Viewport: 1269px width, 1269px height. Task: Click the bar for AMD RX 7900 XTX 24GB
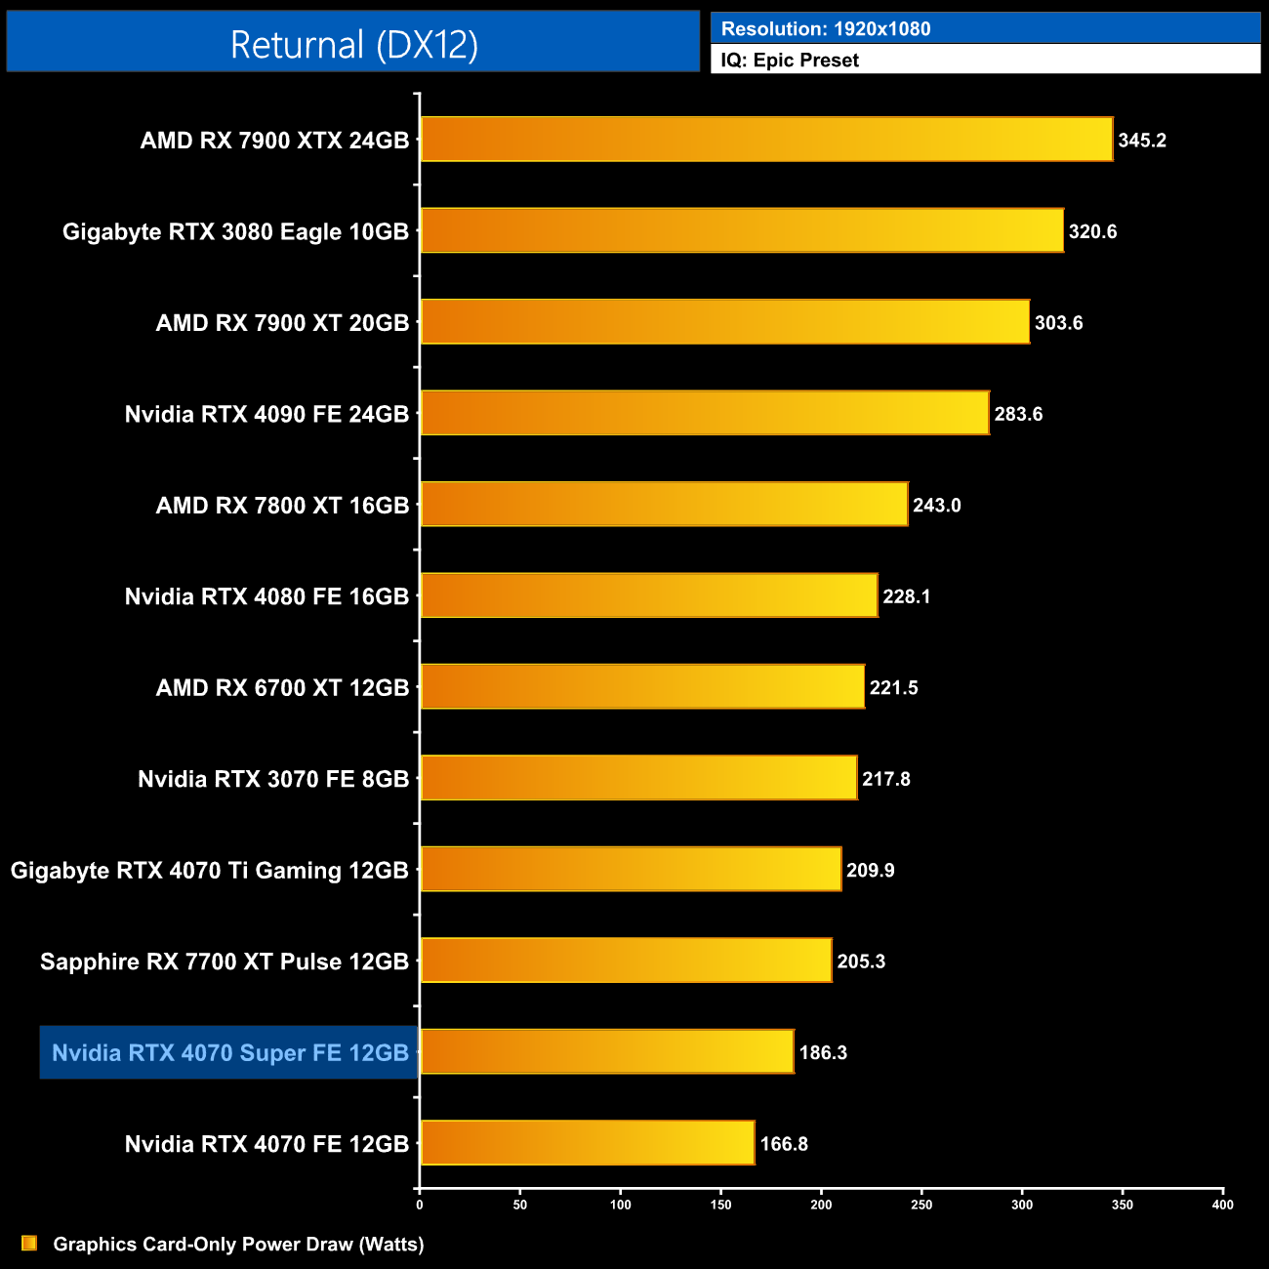(x=766, y=140)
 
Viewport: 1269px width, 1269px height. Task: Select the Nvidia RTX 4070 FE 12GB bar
(x=587, y=1143)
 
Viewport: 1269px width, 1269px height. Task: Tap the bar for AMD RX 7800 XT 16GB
(x=664, y=505)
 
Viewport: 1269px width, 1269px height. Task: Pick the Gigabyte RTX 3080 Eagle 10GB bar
(x=742, y=230)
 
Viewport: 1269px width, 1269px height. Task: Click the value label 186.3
(x=823, y=1053)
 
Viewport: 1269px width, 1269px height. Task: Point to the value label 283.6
(x=1018, y=414)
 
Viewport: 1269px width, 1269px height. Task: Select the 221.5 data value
(x=893, y=688)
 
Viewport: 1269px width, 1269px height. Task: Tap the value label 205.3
(x=861, y=962)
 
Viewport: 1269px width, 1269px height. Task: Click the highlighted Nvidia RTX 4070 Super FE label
(x=229, y=1053)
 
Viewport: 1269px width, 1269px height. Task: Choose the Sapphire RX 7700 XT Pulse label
(x=225, y=962)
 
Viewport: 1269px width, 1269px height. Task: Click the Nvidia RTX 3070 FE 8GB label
(x=273, y=779)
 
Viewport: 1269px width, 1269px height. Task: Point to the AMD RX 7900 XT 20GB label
(x=282, y=323)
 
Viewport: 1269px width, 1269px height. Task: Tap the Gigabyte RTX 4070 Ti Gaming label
(x=210, y=871)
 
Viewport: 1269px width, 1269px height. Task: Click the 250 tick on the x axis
(x=921, y=1205)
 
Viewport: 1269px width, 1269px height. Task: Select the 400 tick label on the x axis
(x=1222, y=1205)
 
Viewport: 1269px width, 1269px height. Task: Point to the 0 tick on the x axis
(x=420, y=1205)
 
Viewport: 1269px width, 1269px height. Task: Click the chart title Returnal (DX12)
(x=353, y=45)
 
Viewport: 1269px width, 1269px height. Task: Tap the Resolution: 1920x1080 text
(x=826, y=29)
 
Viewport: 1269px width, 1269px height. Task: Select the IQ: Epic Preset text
(x=790, y=61)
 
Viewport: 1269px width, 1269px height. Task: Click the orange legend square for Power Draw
(x=29, y=1244)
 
